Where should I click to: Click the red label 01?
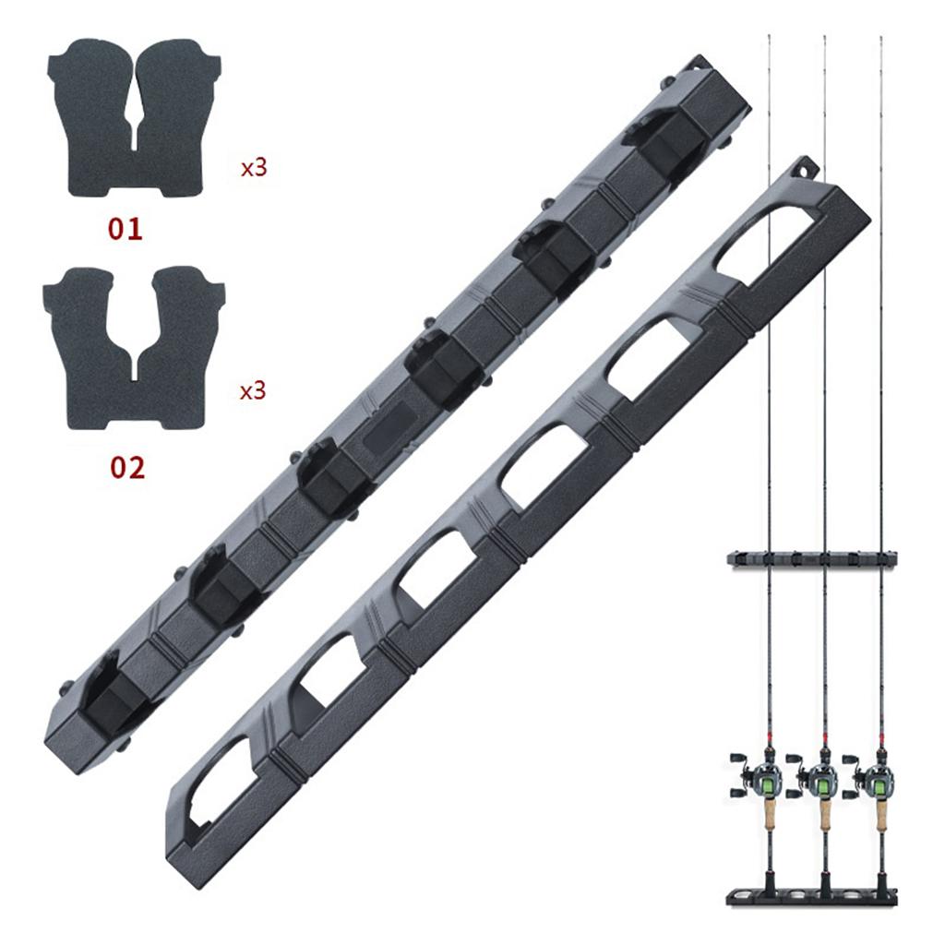point(126,229)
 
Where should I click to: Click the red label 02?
point(127,468)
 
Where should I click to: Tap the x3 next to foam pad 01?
point(254,168)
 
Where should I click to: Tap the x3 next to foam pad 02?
point(253,391)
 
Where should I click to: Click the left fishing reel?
point(760,777)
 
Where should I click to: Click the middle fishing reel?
point(818,777)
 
